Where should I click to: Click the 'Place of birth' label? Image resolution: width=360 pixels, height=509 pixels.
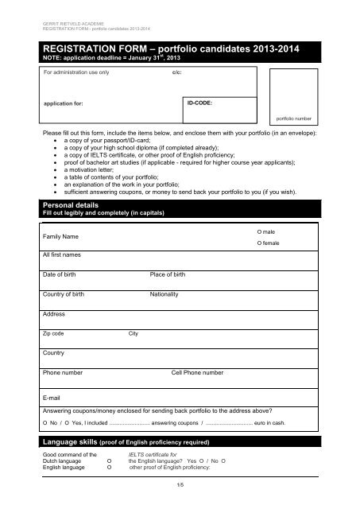[x=168, y=274]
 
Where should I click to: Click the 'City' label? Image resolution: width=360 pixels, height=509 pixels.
[x=134, y=333]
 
